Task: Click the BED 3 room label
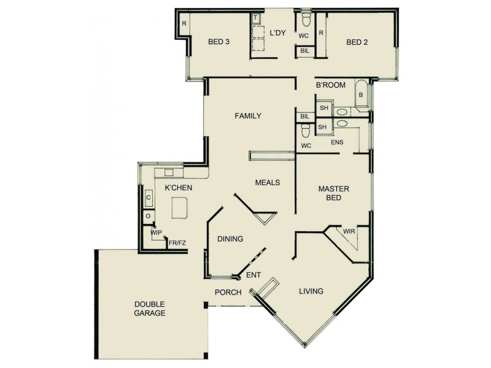click(218, 42)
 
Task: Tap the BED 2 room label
click(357, 42)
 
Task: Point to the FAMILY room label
click(248, 116)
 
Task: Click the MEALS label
click(268, 182)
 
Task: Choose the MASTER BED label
click(333, 194)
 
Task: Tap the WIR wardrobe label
click(349, 231)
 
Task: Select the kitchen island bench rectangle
click(179, 209)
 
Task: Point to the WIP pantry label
click(156, 233)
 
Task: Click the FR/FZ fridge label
click(177, 243)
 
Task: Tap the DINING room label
click(230, 239)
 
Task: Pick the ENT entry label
click(253, 275)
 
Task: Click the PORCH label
click(227, 292)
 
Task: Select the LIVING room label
click(311, 291)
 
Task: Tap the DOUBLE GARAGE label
click(150, 309)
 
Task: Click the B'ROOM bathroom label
click(330, 85)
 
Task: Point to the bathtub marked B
click(361, 95)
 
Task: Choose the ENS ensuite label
click(337, 142)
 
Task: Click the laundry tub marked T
click(255, 18)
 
